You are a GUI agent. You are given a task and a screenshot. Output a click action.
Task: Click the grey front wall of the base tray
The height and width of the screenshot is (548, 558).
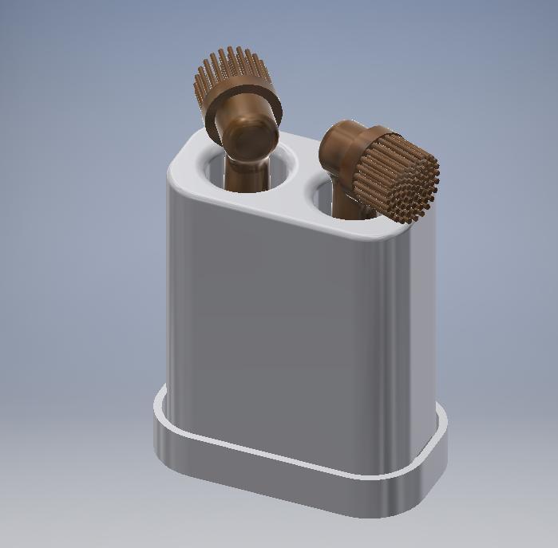(279, 483)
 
